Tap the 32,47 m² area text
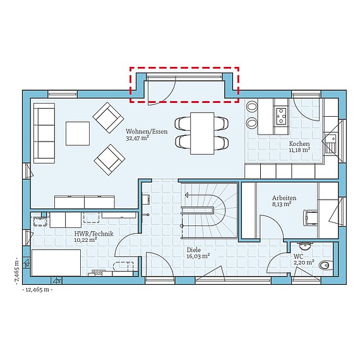tap(138, 138)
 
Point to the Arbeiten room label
tap(284, 197)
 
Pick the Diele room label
tap(193, 249)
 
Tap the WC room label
tap(298, 256)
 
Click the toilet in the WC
tap(325, 266)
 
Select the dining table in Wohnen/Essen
tap(203, 132)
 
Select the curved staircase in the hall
tap(208, 208)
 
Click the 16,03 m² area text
tap(198, 256)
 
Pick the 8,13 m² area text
tap(282, 204)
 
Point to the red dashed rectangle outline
tap(184, 68)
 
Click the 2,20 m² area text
tap(301, 263)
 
